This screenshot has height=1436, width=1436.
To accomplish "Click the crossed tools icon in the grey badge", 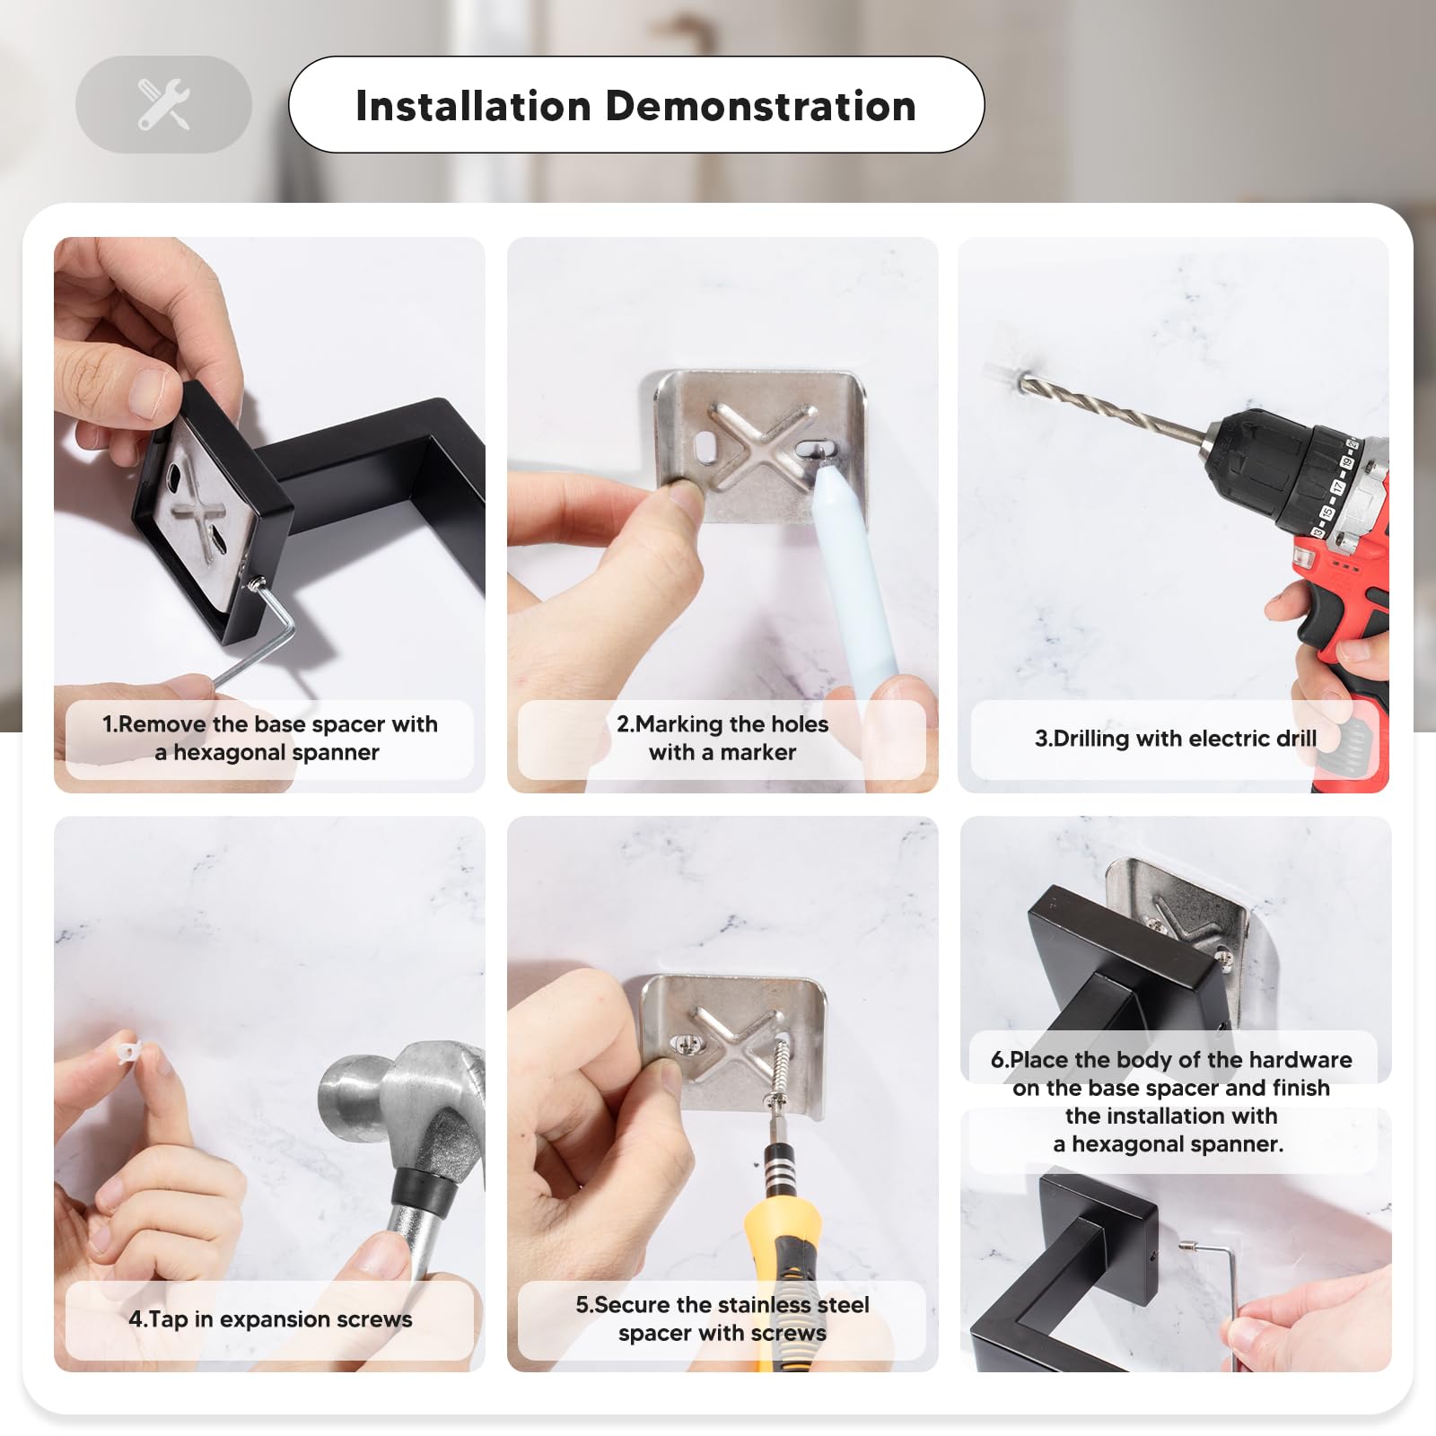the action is (x=163, y=104).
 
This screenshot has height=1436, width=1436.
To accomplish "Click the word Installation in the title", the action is (x=474, y=106).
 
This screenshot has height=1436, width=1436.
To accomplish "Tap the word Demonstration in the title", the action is (x=761, y=106).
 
